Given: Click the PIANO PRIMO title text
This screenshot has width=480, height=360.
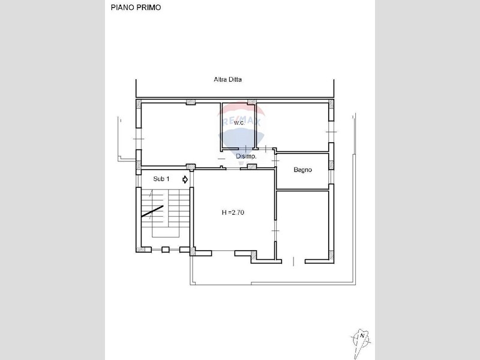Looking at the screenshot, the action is [136, 8].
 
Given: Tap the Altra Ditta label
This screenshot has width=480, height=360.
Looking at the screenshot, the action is [227, 80].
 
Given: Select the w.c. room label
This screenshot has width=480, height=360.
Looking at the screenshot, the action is [239, 123].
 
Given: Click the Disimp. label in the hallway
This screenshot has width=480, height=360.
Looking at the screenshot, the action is [246, 157].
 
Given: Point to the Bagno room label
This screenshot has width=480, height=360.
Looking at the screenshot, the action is [303, 170].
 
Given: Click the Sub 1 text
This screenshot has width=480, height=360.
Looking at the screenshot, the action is [161, 179].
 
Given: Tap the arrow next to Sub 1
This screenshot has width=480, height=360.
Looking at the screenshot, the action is [185, 179].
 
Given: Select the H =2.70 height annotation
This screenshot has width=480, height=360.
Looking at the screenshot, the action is [233, 212].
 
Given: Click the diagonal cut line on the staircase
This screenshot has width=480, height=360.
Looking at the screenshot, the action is [152, 211].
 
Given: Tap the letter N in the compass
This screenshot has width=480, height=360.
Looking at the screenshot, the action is [362, 336].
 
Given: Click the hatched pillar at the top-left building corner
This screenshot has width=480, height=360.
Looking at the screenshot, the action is [139, 104].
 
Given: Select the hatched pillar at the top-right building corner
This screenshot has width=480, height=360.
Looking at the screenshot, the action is [331, 104].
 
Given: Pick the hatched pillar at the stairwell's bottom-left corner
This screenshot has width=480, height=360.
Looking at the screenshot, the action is [140, 250].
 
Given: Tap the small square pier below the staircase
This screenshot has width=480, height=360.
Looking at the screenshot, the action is [166, 250].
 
